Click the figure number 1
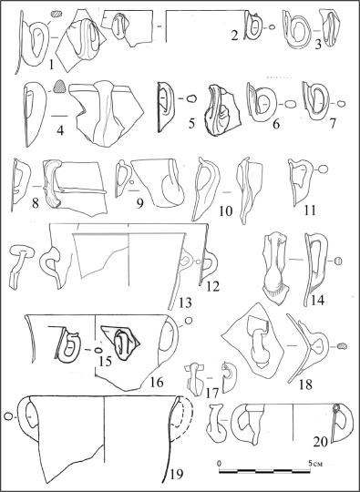[x=52, y=66]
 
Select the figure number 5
[x=192, y=124]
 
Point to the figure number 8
[x=36, y=204]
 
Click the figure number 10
[x=226, y=211]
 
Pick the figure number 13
[x=185, y=303]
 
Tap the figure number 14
[x=318, y=301]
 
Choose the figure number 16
[x=157, y=382]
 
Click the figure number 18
[x=305, y=384]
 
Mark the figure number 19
[x=176, y=474]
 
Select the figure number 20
[x=321, y=442]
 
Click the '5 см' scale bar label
[x=315, y=463]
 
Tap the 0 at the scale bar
[x=220, y=463]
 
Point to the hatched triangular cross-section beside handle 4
[x=58, y=87]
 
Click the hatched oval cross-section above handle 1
[x=57, y=14]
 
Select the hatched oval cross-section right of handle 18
[x=342, y=346]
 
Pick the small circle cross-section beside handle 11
[x=324, y=169]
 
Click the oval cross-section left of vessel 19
[x=9, y=416]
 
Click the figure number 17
[x=211, y=394]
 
